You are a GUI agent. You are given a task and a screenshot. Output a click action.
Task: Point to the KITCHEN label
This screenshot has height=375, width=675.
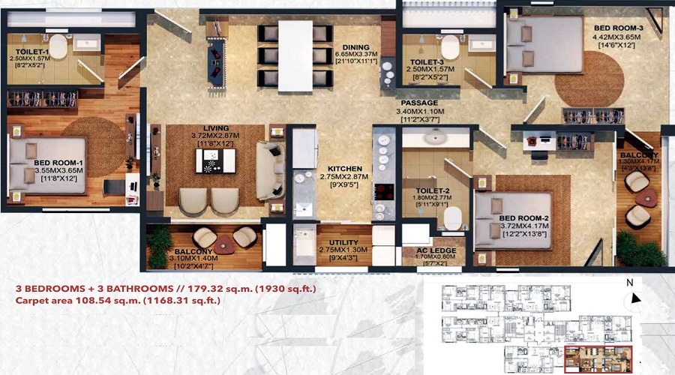345,169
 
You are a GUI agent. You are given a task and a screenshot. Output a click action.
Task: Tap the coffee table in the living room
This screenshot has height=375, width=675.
214,160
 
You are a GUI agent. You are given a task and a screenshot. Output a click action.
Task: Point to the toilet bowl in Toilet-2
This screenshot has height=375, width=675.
452,217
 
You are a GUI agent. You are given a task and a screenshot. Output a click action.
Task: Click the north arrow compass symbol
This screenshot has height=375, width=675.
635,298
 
